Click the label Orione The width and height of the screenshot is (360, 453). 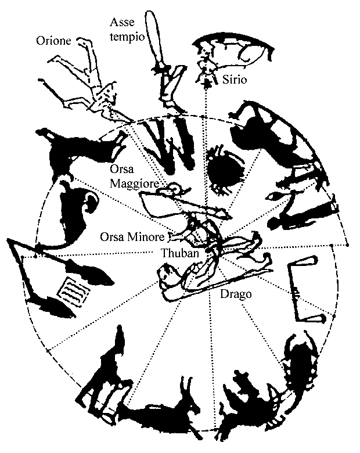point(53,41)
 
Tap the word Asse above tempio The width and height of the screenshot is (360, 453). point(122,22)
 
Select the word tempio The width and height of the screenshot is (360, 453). point(127,37)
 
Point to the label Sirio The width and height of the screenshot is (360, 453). point(235,79)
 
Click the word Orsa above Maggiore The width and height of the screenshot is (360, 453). point(122,169)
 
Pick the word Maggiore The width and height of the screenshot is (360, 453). point(135,184)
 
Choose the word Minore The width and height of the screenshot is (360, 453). point(146,237)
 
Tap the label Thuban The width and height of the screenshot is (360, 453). point(180,253)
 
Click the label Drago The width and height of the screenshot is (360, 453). point(236,294)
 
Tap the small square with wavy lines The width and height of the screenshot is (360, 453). point(74,292)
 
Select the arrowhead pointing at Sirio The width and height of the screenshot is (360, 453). point(206,83)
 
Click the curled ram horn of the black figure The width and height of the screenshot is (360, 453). point(91,202)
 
